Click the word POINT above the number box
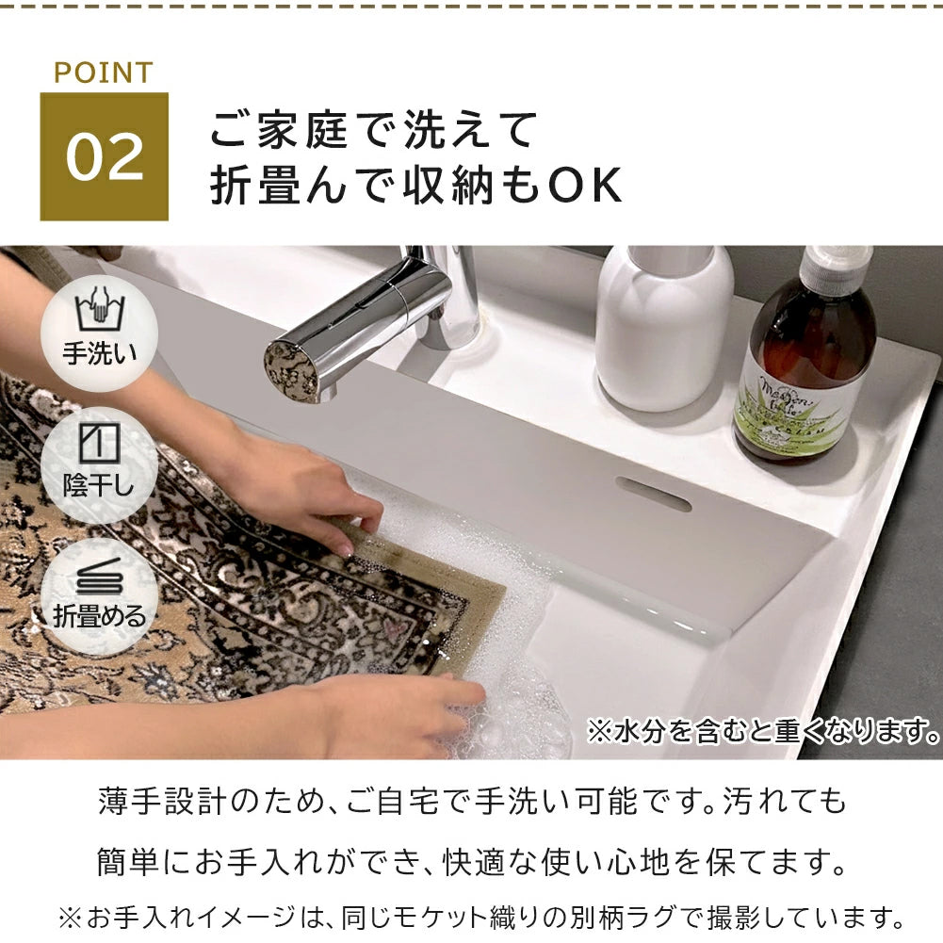tap(103, 73)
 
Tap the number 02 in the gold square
tap(104, 157)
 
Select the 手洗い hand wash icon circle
tap(99, 326)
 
